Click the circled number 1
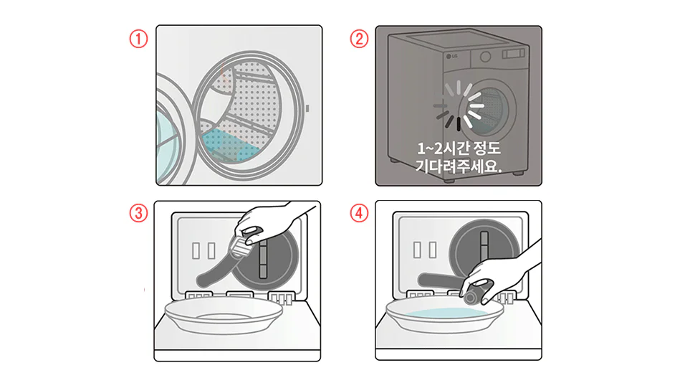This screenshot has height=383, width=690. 138,39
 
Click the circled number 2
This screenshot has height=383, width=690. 359,39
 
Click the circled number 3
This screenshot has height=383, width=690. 138,213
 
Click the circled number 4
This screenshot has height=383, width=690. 359,213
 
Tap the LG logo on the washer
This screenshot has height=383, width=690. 452,57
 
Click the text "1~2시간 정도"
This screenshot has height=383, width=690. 459,148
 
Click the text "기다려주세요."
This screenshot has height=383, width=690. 459,166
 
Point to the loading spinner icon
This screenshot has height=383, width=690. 459,105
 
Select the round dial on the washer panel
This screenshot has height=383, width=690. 485,57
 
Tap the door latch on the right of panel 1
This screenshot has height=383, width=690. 307,108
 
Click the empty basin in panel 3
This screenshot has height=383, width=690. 224,315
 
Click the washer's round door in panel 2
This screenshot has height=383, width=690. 487,108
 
